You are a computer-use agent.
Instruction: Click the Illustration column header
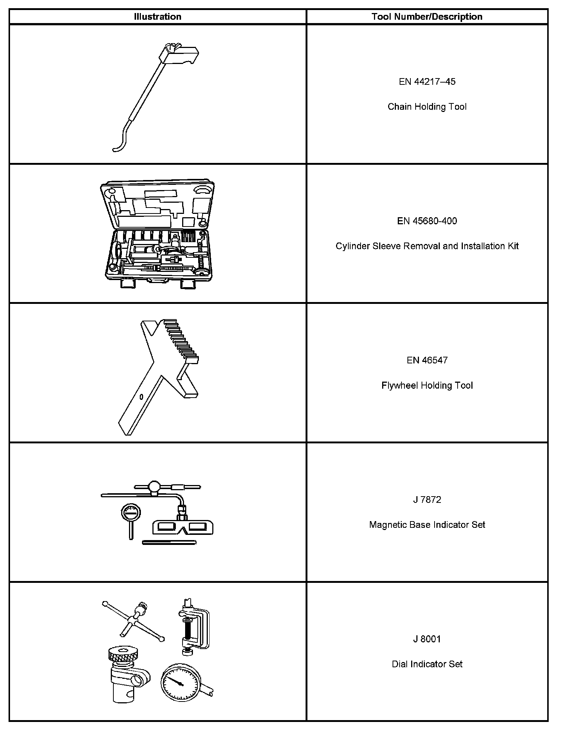coord(158,17)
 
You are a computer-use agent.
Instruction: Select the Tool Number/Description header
coord(427,17)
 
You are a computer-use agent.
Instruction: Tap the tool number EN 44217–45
coord(427,82)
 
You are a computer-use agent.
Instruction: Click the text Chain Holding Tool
coord(427,107)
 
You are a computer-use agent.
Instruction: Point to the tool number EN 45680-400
coord(427,221)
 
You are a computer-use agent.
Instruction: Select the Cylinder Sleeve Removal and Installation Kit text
coord(427,246)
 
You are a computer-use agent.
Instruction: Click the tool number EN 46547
coord(427,360)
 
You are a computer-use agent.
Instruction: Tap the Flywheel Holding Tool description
coord(427,385)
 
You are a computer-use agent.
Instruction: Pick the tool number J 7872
coord(427,500)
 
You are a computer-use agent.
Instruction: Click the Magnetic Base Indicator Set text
coord(427,525)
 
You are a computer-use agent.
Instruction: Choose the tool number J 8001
coord(427,639)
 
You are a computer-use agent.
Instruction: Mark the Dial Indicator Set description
coord(427,664)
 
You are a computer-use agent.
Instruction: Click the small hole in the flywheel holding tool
coord(141,397)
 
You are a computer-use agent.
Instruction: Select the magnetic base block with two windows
coord(183,527)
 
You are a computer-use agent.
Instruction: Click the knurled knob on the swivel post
coord(124,653)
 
